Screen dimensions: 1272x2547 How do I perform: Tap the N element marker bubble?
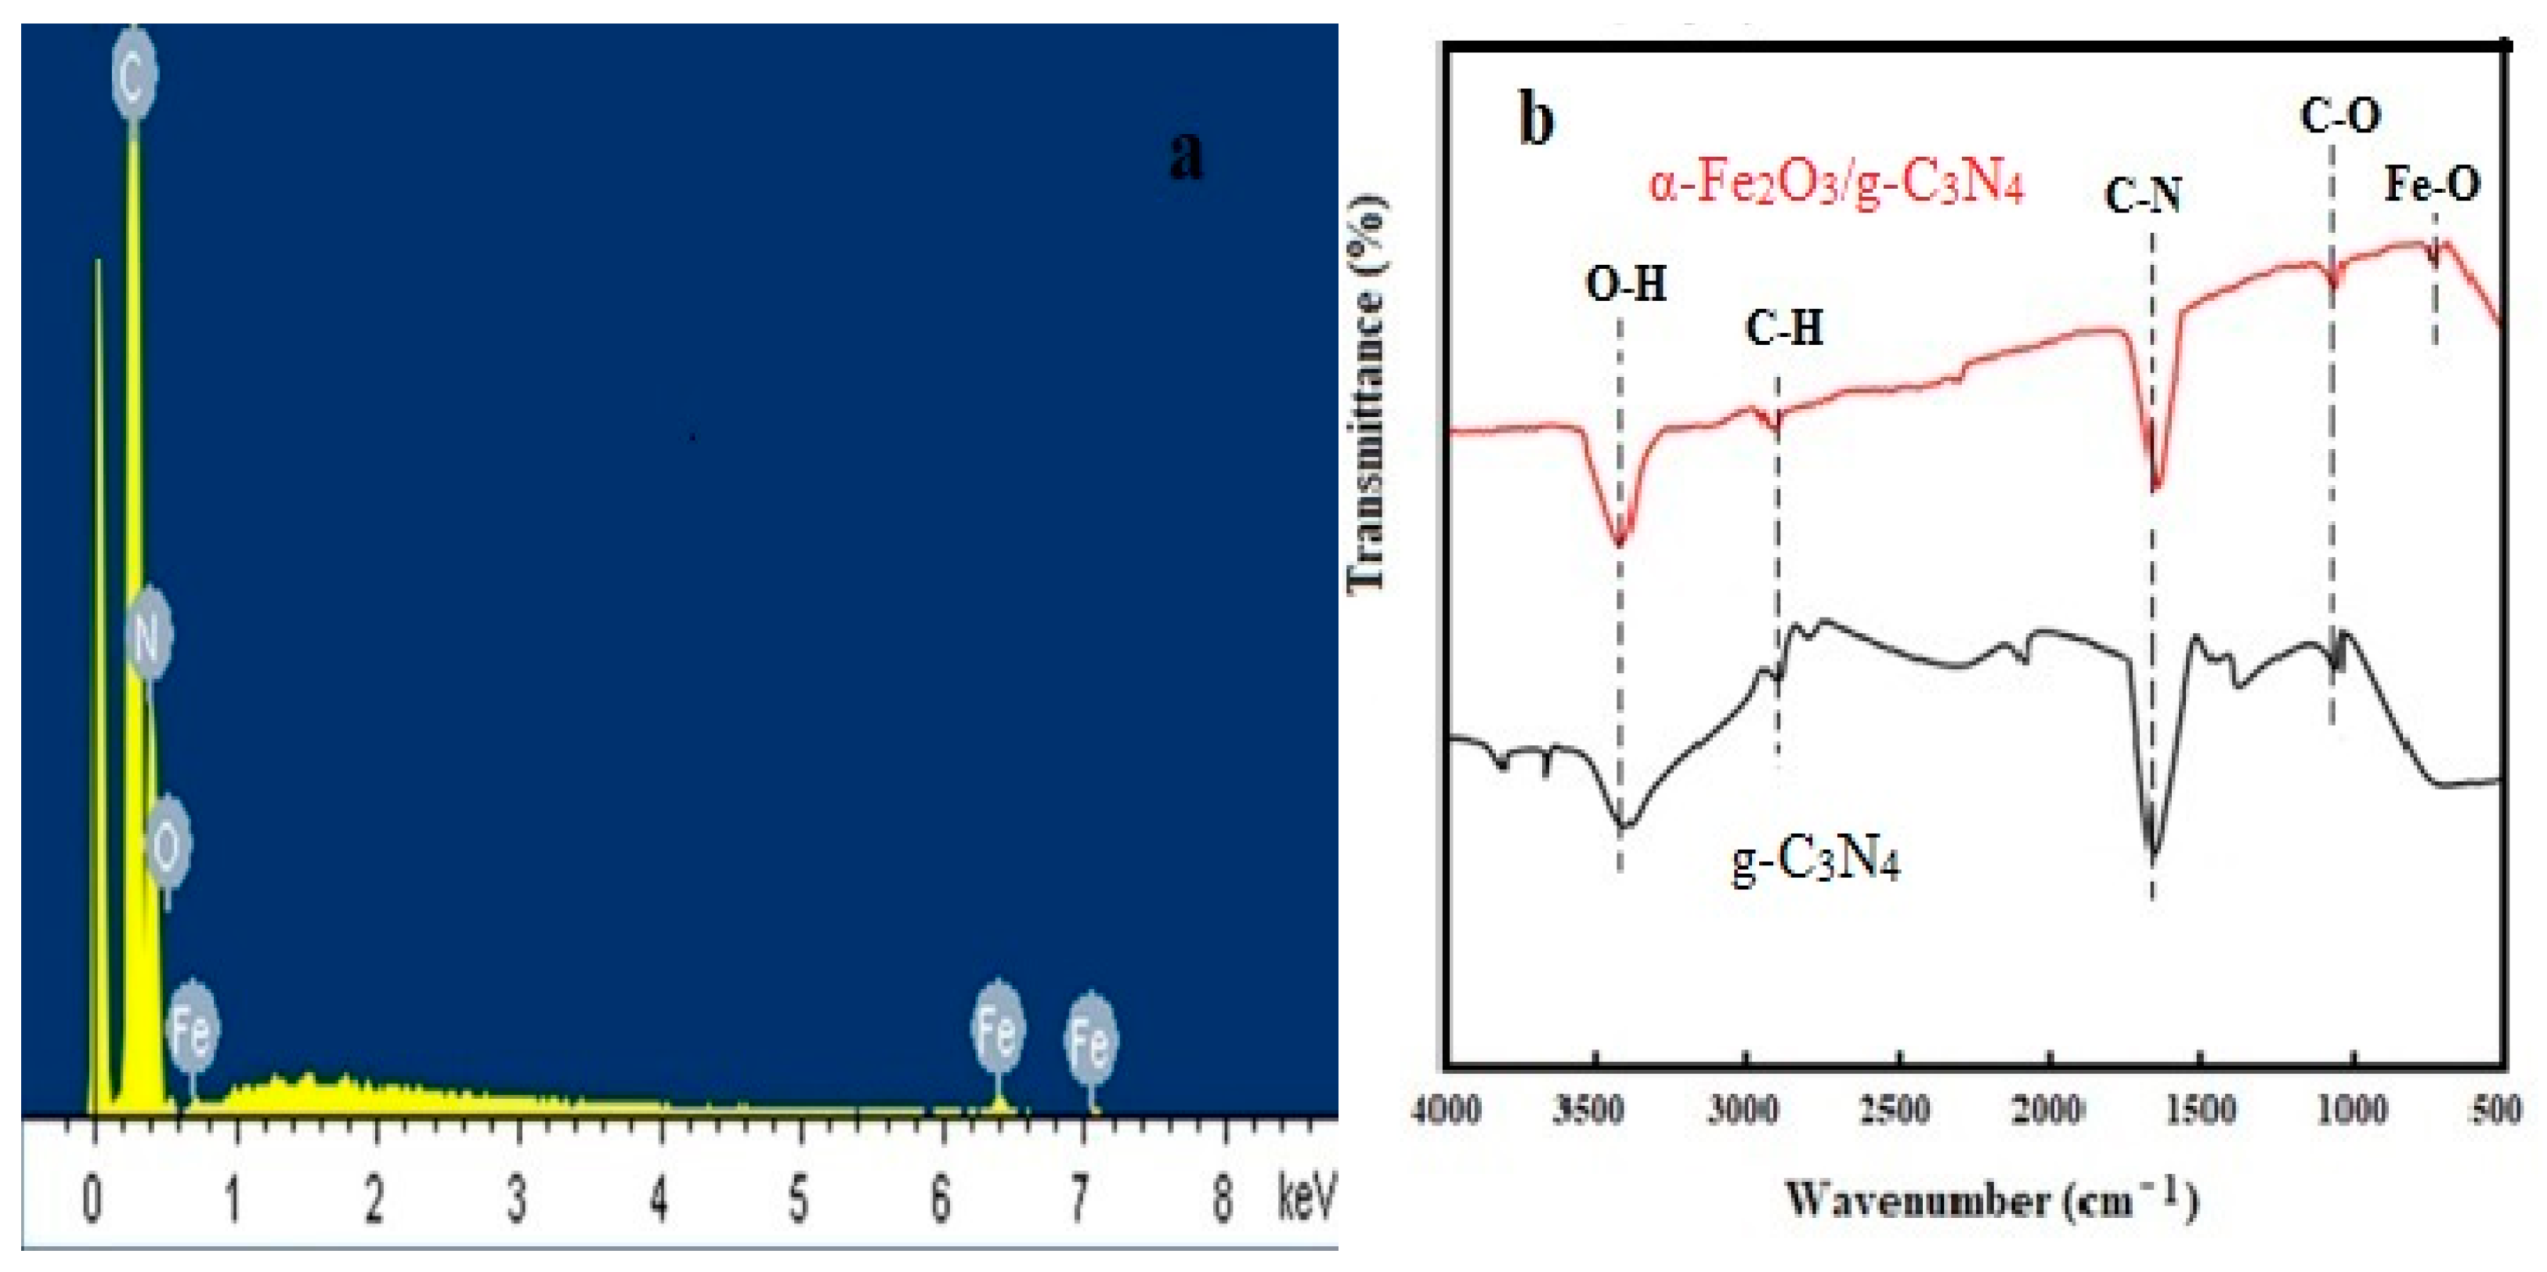click(x=148, y=634)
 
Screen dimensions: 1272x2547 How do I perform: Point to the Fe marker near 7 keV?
click(x=1090, y=1039)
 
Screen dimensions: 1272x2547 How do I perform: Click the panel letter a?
click(x=1186, y=155)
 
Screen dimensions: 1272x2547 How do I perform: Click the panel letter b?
click(x=1536, y=121)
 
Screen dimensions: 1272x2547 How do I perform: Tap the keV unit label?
click(x=1305, y=1198)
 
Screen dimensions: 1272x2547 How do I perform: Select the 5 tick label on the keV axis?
click(x=798, y=1200)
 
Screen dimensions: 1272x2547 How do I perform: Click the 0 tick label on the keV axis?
click(x=92, y=1200)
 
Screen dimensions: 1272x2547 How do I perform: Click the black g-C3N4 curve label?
click(x=1815, y=861)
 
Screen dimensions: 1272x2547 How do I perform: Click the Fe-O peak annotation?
click(x=2433, y=185)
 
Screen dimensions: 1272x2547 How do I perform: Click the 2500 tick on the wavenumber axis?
click(x=1895, y=1111)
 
